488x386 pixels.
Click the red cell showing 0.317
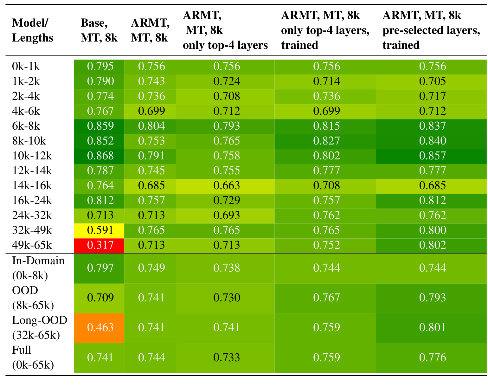99,246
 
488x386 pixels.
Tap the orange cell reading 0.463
99,328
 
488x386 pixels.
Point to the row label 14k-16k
32,186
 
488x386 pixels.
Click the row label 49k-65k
32,245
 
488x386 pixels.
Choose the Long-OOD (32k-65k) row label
40,328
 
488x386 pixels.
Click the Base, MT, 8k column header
99,30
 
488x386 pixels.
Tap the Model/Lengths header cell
33,30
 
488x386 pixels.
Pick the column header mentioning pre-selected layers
431,30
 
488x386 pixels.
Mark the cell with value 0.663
226,186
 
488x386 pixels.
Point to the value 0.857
433,156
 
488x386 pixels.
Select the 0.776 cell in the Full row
433,358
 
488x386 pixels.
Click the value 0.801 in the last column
433,328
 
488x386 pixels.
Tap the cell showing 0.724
226,81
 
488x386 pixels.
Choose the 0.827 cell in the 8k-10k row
326,141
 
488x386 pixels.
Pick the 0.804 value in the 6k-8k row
151,126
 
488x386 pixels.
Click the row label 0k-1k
26,67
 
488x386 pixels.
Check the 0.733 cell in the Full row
226,358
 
